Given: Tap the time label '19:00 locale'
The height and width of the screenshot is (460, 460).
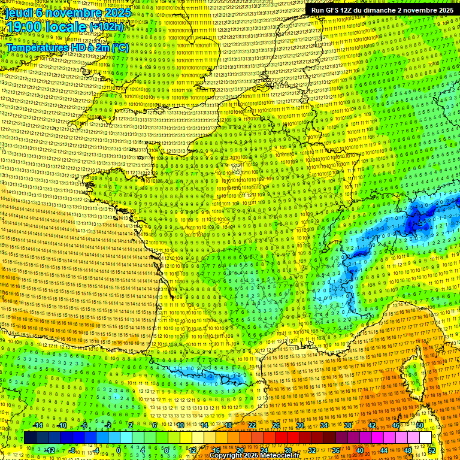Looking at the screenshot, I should click(x=46, y=26).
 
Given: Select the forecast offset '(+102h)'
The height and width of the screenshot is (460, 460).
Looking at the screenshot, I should click(x=107, y=27).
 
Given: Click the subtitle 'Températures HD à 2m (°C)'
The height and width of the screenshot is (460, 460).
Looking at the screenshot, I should click(x=67, y=47).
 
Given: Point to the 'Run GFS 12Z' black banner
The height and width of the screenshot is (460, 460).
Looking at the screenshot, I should click(x=380, y=10).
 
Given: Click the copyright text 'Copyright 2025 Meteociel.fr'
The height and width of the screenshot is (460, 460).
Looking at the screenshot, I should click(x=254, y=456).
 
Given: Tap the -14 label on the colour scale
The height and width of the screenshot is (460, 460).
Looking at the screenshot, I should click(x=38, y=425).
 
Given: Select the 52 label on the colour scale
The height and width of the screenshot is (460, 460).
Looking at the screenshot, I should click(x=432, y=450).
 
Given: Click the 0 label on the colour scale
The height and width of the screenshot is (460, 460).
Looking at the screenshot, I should click(x=119, y=450).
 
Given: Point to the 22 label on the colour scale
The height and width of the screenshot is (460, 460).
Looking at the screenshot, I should click(x=252, y=425).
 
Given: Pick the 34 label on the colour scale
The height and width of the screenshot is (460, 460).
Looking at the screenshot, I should click(x=324, y=425).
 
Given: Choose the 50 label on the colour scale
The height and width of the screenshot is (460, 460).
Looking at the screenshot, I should click(x=420, y=425).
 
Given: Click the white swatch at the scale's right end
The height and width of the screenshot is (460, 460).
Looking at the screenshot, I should click(x=425, y=438).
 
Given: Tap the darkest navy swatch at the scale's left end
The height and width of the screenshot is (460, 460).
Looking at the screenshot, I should click(x=31, y=438).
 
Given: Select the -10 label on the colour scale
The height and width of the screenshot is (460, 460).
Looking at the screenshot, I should click(x=61, y=425).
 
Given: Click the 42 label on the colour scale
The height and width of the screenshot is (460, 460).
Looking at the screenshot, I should click(x=372, y=425).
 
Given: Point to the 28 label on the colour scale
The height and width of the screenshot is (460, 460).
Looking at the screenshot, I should click(x=287, y=450).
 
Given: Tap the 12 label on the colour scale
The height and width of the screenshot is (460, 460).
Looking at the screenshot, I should click(x=192, y=450).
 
